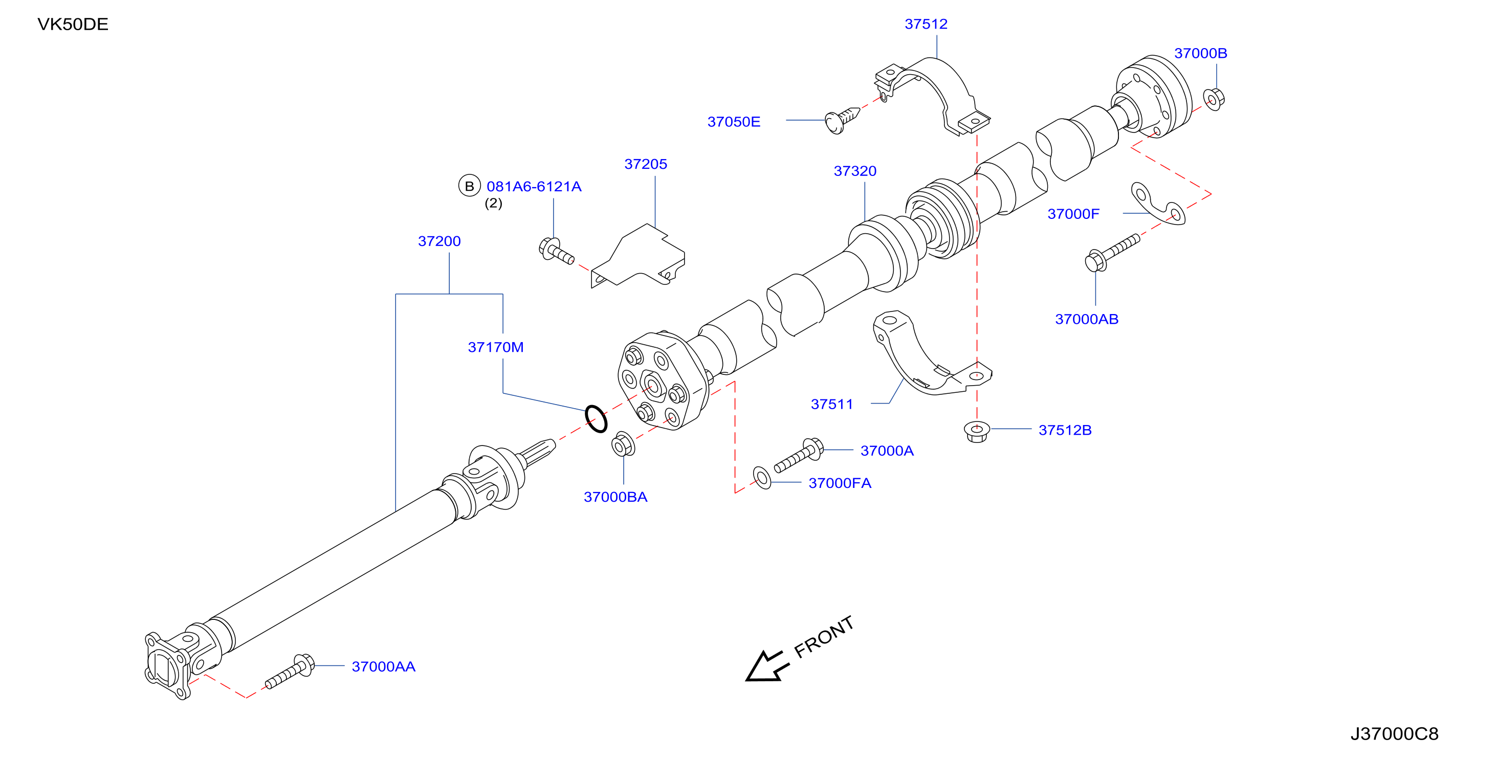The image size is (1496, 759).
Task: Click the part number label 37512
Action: tap(926, 24)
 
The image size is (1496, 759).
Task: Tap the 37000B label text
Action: tap(1200, 53)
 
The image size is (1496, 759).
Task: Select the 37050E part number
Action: tap(734, 122)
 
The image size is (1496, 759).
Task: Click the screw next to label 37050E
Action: tap(842, 120)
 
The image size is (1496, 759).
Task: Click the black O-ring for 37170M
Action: tap(596, 419)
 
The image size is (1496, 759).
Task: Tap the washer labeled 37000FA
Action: tap(761, 477)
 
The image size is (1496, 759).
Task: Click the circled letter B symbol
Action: tap(469, 186)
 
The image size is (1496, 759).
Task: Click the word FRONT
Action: tap(824, 637)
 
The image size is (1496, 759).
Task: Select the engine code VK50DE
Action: tap(73, 25)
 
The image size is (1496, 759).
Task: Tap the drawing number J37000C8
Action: tap(1394, 734)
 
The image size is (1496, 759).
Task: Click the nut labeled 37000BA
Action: tap(623, 445)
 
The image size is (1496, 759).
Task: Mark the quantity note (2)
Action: tap(494, 203)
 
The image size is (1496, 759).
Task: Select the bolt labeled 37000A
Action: tap(799, 456)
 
